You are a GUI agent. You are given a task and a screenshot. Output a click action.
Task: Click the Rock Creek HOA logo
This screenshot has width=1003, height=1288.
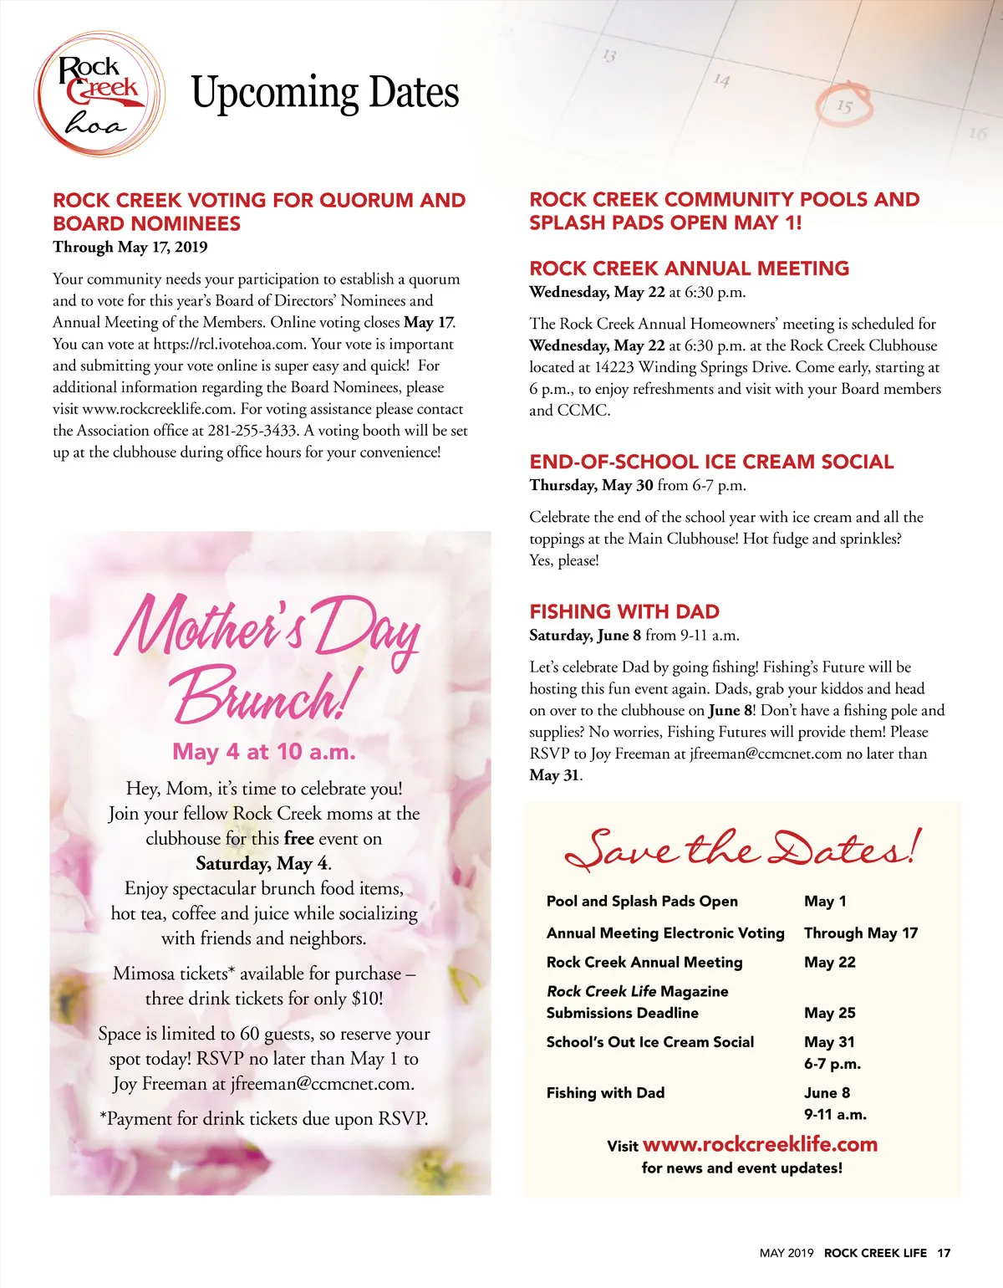(x=99, y=94)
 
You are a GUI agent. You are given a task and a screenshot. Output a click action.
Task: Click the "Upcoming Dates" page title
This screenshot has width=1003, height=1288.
(x=325, y=93)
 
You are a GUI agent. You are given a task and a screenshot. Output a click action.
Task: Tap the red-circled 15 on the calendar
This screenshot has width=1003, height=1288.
(x=844, y=106)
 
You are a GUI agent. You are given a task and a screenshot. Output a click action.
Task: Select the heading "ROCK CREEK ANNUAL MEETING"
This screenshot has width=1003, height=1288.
(x=689, y=268)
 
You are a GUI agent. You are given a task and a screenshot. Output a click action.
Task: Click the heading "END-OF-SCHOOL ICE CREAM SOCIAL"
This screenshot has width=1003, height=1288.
(x=711, y=462)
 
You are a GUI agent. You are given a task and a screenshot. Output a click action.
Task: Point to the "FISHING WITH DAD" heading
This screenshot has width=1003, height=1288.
(x=624, y=611)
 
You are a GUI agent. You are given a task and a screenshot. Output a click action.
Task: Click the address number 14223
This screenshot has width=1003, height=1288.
(x=614, y=367)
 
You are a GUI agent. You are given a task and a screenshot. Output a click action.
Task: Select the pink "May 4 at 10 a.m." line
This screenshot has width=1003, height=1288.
(x=264, y=752)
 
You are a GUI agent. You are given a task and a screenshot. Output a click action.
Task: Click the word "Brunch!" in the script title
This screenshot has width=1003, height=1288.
(x=266, y=696)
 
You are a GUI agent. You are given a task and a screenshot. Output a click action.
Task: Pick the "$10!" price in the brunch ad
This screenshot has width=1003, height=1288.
(x=367, y=999)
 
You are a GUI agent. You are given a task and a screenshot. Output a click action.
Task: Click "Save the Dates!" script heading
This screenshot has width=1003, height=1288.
(x=742, y=849)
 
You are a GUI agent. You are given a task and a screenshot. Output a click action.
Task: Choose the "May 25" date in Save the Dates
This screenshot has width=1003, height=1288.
(x=829, y=1013)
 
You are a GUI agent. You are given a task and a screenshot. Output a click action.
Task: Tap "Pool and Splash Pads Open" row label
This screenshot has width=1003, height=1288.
(x=642, y=901)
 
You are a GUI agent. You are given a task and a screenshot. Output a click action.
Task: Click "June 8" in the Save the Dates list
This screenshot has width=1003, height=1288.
(x=827, y=1092)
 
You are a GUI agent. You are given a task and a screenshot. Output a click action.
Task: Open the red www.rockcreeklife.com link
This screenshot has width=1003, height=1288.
(x=760, y=1144)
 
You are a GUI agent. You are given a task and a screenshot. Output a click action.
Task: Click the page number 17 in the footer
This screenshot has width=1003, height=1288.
(x=944, y=1253)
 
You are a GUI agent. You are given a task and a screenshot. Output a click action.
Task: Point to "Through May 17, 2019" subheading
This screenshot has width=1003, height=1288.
(x=130, y=247)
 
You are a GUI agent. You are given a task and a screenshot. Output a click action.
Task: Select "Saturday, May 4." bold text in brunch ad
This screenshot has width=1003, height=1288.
(x=263, y=863)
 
